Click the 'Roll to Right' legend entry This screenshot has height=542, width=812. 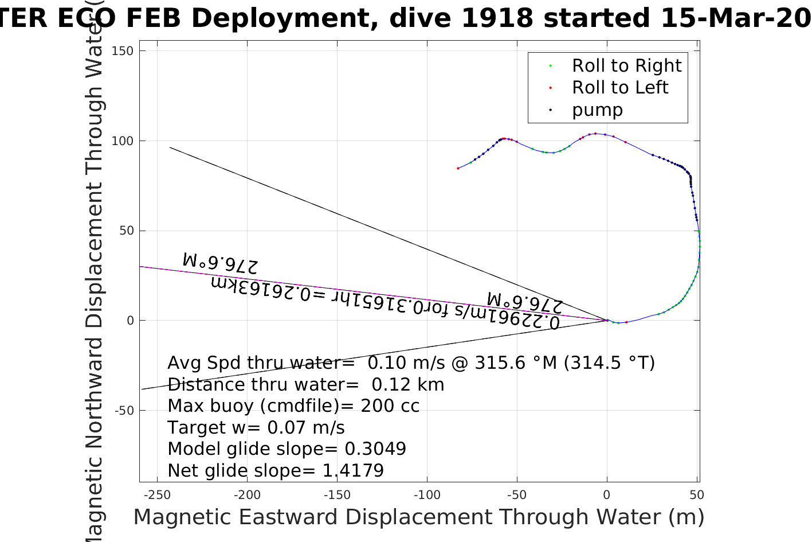[626, 66]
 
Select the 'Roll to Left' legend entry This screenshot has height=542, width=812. [619, 88]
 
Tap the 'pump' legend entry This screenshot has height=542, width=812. [597, 110]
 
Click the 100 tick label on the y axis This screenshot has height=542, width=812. [122, 141]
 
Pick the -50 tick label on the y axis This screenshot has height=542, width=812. [124, 411]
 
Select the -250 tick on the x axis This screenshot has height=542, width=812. [157, 495]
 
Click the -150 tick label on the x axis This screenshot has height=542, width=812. [337, 495]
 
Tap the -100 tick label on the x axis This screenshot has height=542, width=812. [427, 495]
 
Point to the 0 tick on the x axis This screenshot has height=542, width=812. [607, 495]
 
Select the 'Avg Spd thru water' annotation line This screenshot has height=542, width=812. [410, 363]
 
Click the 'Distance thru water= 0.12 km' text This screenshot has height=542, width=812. [305, 385]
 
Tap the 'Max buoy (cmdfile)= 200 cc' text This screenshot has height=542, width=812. [293, 406]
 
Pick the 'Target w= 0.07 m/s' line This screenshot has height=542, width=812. [256, 428]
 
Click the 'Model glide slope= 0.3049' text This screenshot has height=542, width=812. [287, 449]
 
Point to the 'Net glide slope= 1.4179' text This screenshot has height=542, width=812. [276, 471]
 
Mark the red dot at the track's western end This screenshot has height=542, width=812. [458, 168]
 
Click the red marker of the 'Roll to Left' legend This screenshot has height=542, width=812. [551, 88]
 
